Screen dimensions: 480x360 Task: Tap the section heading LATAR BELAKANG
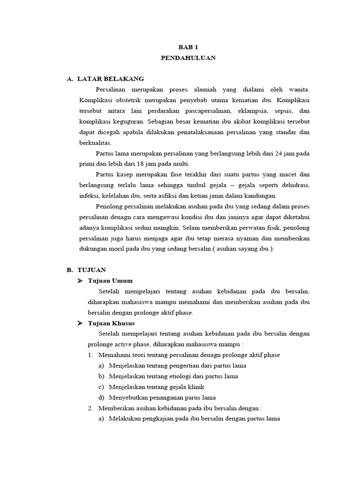click(x=111, y=78)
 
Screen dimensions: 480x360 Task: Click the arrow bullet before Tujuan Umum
click(x=80, y=281)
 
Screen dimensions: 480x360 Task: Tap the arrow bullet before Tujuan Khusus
click(x=80, y=323)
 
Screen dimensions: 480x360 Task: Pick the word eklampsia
click(x=251, y=111)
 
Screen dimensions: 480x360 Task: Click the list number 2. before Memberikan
click(x=91, y=408)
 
